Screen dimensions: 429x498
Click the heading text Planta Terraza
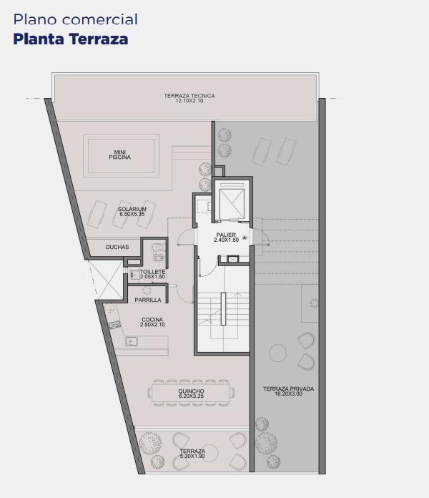(71, 39)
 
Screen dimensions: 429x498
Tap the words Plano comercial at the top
(76, 19)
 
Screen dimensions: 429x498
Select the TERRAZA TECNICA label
(189, 96)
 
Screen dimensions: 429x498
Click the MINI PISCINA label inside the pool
(119, 155)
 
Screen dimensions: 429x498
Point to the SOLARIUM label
(132, 209)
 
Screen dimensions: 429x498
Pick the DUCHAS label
(117, 247)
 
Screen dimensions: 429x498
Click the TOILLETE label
(152, 272)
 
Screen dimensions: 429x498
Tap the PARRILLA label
(148, 300)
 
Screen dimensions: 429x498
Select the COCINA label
(152, 320)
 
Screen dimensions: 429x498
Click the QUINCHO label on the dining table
(191, 391)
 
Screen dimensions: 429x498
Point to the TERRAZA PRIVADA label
(288, 389)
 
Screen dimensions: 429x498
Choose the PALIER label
(226, 235)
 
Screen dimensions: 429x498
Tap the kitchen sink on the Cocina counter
(132, 341)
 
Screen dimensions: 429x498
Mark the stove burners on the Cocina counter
(114, 325)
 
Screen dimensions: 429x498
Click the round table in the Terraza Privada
(277, 353)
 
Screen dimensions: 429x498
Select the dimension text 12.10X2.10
(189, 101)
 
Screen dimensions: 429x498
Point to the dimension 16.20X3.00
(288, 394)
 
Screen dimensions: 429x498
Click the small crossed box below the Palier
(233, 259)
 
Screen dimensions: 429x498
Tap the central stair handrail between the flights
(223, 308)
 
